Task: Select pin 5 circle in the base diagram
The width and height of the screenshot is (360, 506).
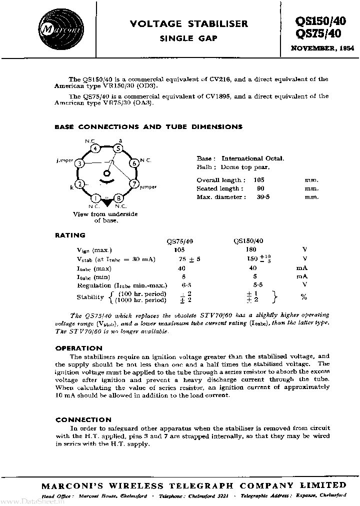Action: pos(117,148)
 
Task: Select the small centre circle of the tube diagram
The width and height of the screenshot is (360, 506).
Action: pos(106,173)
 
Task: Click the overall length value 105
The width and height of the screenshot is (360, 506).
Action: pos(259,179)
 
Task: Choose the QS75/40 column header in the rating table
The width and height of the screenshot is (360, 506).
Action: pos(178,240)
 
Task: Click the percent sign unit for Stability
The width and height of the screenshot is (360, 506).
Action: pos(303,297)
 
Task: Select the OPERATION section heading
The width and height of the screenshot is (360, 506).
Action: pos(79,347)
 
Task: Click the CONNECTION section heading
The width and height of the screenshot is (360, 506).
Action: pos(83,419)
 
